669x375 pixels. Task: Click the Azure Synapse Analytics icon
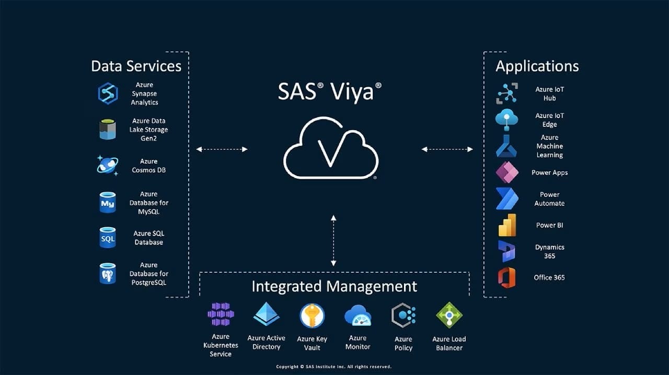pyautogui.click(x=108, y=93)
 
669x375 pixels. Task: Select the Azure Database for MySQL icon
pyautogui.click(x=108, y=203)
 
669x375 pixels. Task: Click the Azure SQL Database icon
pyautogui.click(x=108, y=238)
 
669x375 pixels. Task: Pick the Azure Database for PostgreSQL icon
pyautogui.click(x=108, y=274)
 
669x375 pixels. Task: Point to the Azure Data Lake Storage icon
pyautogui.click(x=108, y=130)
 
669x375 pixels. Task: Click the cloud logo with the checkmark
pyautogui.click(x=330, y=147)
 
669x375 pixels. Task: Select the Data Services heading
pyautogui.click(x=136, y=66)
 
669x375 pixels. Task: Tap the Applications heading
pyautogui.click(x=537, y=66)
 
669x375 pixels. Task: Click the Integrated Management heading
pyautogui.click(x=334, y=286)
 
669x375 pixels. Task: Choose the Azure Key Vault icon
pyautogui.click(x=312, y=315)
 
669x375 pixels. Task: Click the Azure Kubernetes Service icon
pyautogui.click(x=221, y=314)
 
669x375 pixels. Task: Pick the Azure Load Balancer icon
pyautogui.click(x=449, y=315)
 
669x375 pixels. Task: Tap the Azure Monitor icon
pyautogui.click(x=357, y=315)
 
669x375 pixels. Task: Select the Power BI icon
pyautogui.click(x=507, y=225)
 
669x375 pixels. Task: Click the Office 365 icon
pyautogui.click(x=506, y=277)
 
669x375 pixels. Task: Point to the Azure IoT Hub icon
pyautogui.click(x=507, y=93)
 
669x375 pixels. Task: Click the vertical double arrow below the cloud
pyautogui.click(x=333, y=240)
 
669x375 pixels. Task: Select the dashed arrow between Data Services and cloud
pyautogui.click(x=222, y=149)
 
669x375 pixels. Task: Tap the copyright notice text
pyautogui.click(x=333, y=367)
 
